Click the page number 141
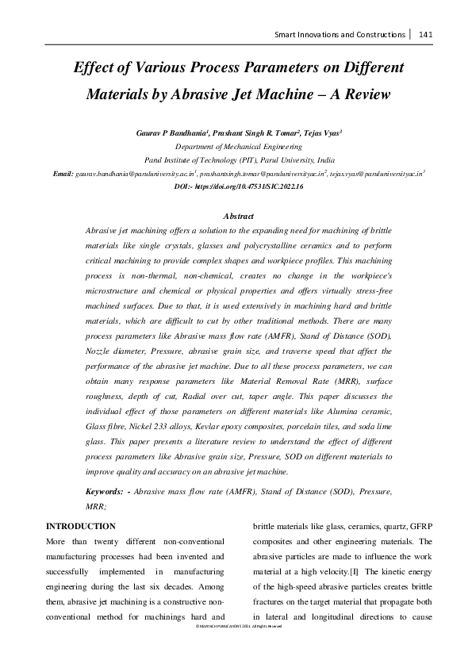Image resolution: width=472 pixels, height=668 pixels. click(424, 34)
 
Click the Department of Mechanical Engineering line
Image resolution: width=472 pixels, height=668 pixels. click(237, 147)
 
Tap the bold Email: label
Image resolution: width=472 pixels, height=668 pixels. click(63, 172)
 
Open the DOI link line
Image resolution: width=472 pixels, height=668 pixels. click(238, 185)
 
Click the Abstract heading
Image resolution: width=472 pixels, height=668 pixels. click(239, 216)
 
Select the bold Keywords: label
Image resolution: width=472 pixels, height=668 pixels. click(105, 492)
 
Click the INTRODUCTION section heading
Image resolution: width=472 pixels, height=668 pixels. click(81, 527)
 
